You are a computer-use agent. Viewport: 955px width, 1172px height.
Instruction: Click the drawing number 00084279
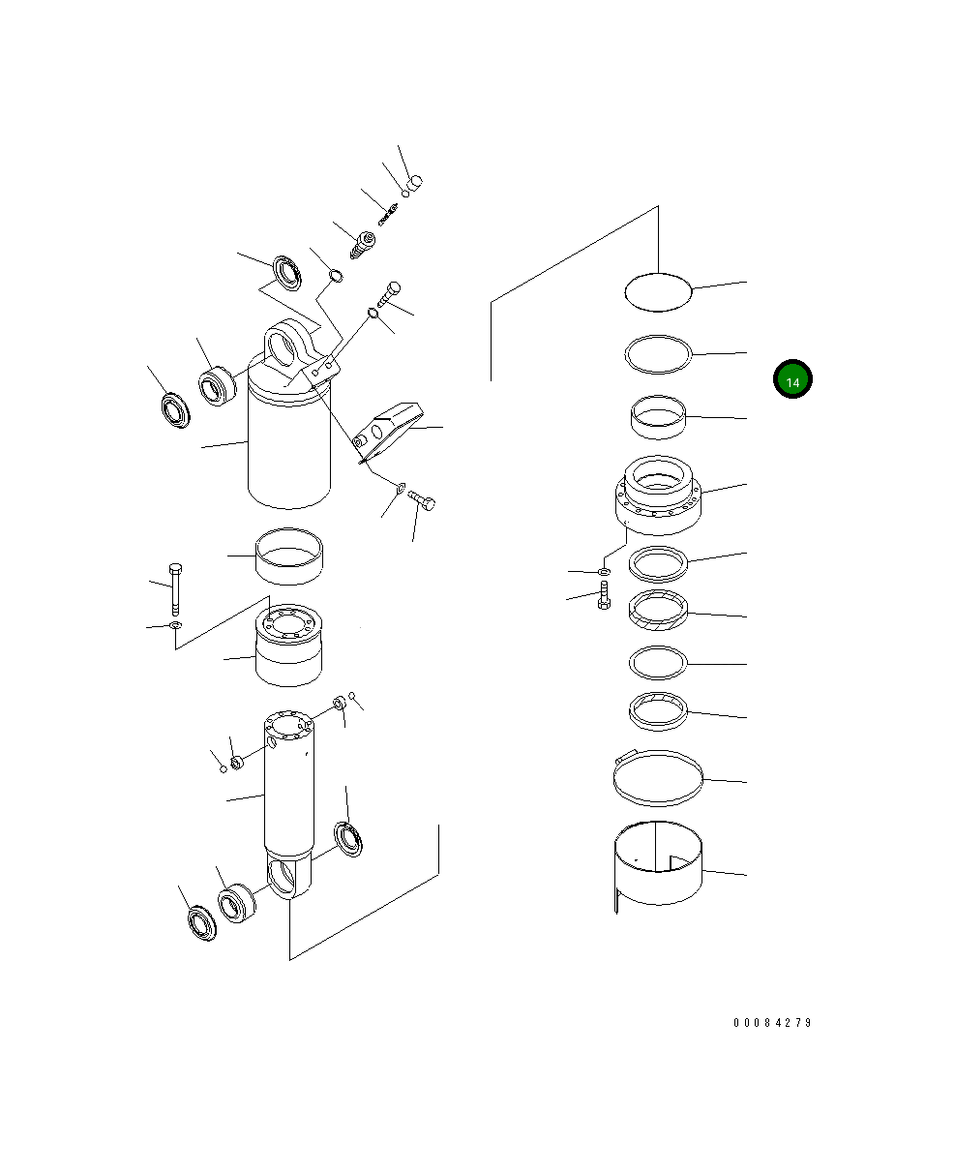click(x=772, y=1023)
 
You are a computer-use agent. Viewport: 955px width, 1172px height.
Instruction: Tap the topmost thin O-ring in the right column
click(x=658, y=291)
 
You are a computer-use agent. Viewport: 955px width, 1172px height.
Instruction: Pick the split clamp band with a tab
click(x=658, y=778)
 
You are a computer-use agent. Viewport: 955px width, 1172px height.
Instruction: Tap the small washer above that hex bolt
click(x=603, y=573)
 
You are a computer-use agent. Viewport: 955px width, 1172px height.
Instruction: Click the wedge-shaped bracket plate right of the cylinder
click(x=387, y=427)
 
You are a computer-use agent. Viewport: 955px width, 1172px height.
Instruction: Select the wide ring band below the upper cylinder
click(x=289, y=556)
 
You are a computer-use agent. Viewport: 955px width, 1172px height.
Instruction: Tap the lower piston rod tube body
click(x=287, y=794)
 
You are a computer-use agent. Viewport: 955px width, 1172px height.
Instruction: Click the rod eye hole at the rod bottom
click(x=287, y=878)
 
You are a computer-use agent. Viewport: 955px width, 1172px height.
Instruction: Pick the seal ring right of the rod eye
click(x=349, y=838)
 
